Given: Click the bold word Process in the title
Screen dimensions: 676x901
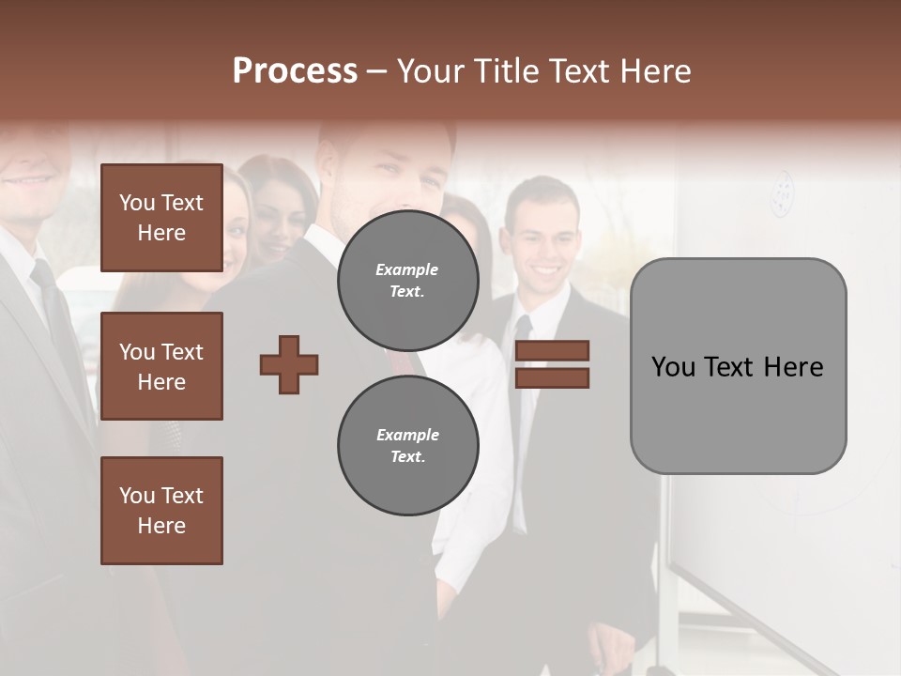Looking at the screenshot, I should [295, 71].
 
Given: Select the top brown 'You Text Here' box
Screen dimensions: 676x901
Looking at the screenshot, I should [161, 218].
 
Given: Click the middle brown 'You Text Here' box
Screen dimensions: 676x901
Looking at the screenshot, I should [161, 366].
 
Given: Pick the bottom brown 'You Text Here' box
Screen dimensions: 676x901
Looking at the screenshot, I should [161, 511].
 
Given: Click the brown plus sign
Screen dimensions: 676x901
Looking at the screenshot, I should [289, 364].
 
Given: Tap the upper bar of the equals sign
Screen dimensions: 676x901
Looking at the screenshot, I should [553, 350].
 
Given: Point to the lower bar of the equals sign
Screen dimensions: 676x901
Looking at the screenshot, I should [553, 377].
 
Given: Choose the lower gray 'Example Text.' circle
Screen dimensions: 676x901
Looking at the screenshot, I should [407, 445].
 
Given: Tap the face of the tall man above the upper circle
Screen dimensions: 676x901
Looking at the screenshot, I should [399, 174].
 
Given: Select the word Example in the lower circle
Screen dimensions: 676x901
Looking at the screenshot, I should [407, 435].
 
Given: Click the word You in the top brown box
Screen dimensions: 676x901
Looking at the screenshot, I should [137, 203].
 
